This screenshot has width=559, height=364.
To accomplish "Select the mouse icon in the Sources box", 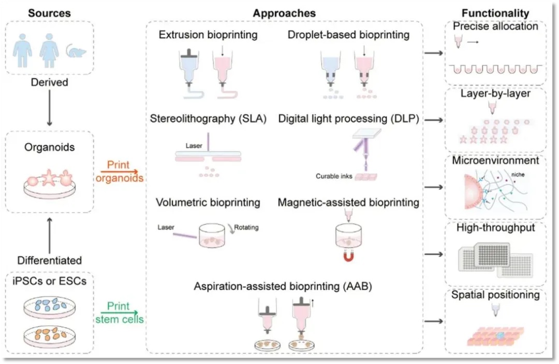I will coord(76,50).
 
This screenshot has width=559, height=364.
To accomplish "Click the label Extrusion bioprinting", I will coord(208,35).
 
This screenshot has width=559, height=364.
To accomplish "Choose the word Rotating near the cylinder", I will coord(246,227).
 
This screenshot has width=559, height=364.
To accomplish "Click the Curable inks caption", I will coord(334,176).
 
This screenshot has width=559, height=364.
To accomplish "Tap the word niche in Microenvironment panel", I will coord(517,175).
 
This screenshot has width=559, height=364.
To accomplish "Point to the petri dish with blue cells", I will coord(49,306).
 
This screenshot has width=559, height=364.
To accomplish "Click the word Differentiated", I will coord(49,260).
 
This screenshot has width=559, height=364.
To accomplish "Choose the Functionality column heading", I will coord(496,13).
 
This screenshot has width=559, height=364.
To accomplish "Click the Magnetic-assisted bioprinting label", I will coord(348,203).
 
